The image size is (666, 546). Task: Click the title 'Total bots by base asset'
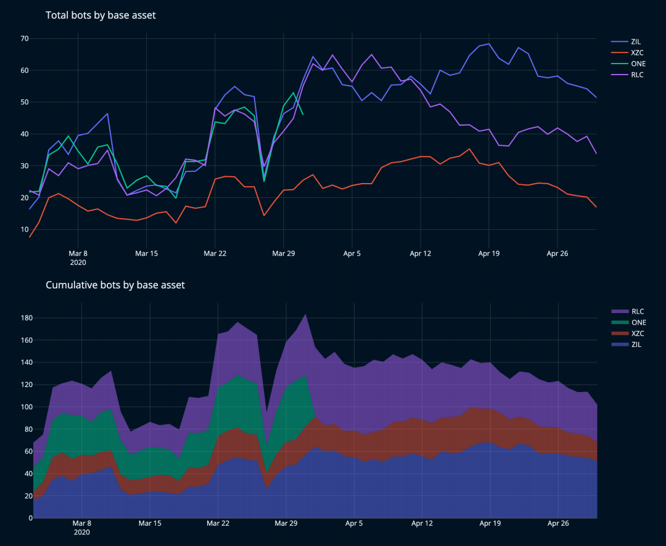[x=101, y=15]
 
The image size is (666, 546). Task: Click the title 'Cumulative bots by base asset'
[x=115, y=285]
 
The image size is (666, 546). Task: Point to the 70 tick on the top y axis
[x=25, y=38]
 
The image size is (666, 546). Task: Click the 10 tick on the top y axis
[x=25, y=229]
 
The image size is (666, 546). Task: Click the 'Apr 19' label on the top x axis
[x=489, y=253]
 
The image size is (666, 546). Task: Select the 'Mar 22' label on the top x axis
[x=215, y=253]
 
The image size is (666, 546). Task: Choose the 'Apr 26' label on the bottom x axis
[x=558, y=523]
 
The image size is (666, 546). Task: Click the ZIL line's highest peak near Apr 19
[x=489, y=44]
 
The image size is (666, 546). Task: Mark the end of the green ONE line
[x=302, y=115]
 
